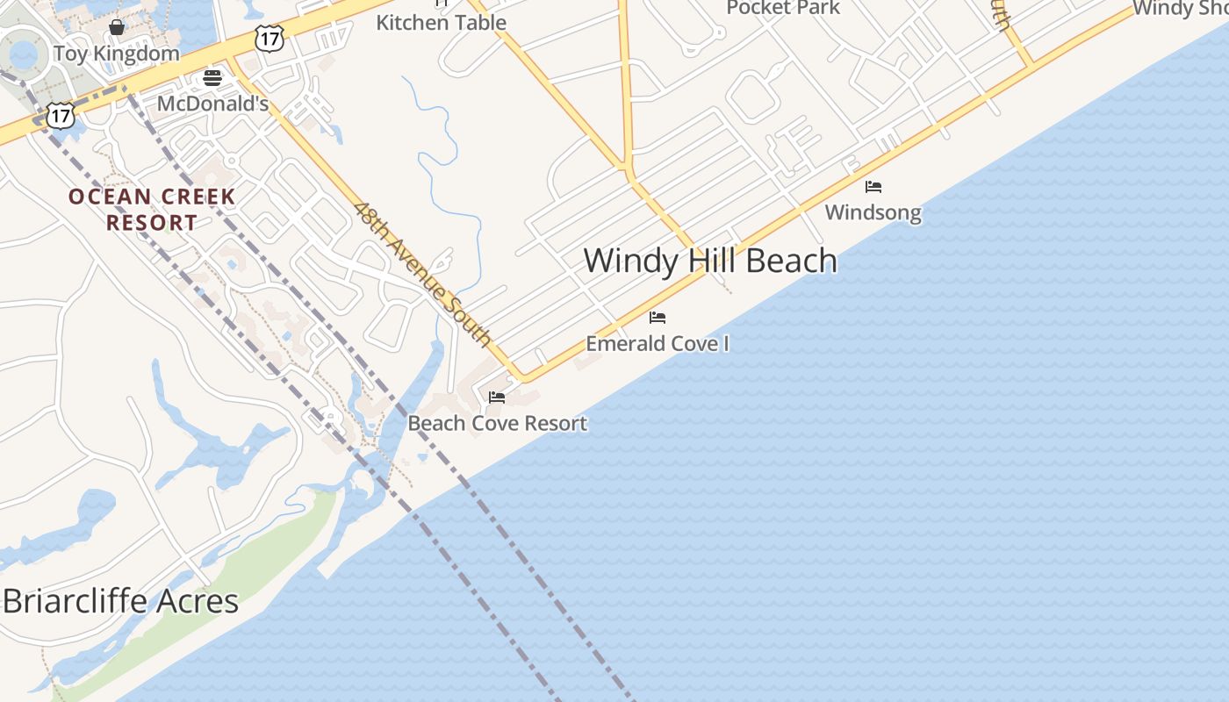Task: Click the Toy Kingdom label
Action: (116, 53)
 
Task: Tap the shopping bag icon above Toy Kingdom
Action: (116, 27)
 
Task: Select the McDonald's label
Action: (212, 104)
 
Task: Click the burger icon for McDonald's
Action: (212, 78)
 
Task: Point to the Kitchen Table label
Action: (441, 22)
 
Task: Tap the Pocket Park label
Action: (783, 8)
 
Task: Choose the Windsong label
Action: (873, 212)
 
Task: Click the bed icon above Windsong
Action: (873, 187)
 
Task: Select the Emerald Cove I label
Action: (658, 343)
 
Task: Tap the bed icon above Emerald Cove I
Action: (658, 318)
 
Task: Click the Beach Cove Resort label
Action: (497, 423)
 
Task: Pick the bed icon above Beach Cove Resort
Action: (497, 398)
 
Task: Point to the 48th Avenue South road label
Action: (422, 272)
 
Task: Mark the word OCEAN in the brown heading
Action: (110, 197)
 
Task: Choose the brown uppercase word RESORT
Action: (152, 223)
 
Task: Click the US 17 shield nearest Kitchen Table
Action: (270, 37)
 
